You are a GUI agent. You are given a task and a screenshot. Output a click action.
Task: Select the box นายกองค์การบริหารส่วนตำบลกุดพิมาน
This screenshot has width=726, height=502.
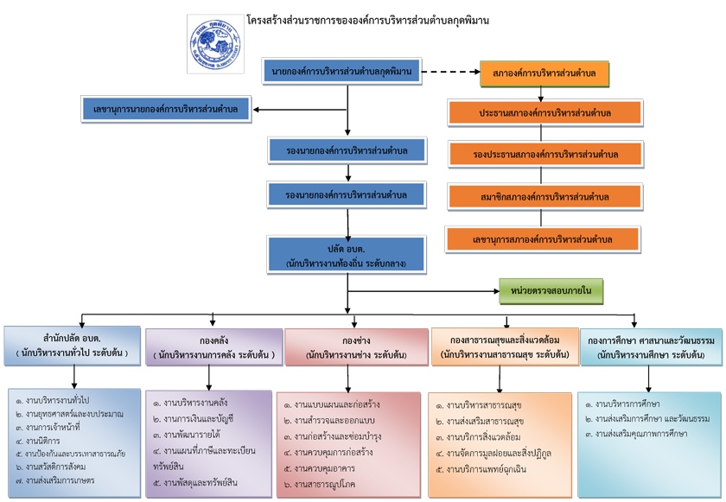[x=342, y=69]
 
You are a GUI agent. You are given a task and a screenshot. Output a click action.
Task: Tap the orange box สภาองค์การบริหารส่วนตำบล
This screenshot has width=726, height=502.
[x=544, y=73]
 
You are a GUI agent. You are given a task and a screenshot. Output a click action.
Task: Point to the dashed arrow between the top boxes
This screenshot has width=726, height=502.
[x=449, y=71]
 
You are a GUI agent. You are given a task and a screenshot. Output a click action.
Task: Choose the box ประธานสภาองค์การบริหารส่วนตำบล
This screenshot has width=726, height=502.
[x=544, y=113]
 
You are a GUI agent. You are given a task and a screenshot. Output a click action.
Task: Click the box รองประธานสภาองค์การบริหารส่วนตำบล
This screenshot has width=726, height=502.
[x=545, y=154]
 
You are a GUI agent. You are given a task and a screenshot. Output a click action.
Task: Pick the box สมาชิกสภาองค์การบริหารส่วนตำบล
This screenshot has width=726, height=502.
[x=544, y=195]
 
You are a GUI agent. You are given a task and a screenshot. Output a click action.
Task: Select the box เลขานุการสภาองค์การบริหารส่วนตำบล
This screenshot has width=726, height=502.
[x=543, y=238]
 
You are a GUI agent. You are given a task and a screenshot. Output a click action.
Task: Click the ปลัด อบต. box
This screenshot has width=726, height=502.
[x=346, y=255]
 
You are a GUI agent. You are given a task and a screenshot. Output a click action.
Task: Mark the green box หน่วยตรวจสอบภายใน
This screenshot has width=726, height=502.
[x=551, y=291]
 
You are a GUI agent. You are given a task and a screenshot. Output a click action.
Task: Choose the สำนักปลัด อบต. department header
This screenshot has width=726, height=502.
[x=72, y=346]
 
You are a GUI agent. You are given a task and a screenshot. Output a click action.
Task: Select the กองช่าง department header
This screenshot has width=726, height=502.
[x=356, y=347]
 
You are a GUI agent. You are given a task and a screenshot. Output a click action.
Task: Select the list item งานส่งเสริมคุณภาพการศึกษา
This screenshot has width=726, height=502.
[x=640, y=434]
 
